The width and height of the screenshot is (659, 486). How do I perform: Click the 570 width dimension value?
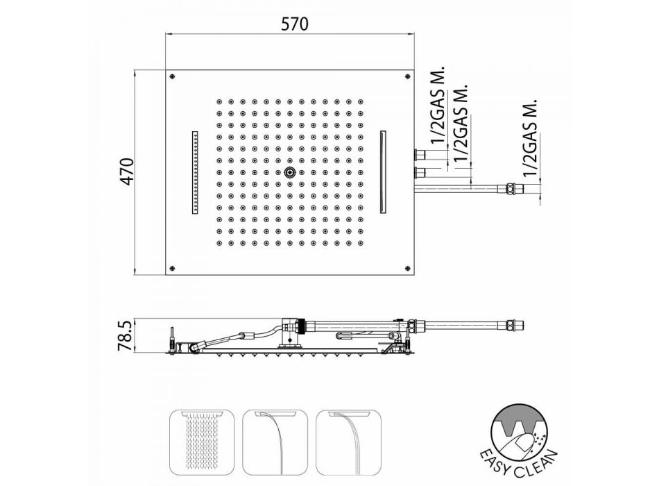(294, 24)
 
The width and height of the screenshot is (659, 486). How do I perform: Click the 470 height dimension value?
(126, 171)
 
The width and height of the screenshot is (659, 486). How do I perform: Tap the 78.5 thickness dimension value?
(126, 335)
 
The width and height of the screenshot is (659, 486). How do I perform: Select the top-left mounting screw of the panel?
(171, 76)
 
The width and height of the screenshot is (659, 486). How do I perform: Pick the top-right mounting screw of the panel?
(407, 76)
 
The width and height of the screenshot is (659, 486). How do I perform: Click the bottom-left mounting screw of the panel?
(171, 267)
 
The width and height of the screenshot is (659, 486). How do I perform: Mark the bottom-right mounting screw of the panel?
(407, 267)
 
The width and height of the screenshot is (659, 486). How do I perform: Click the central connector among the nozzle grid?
(289, 172)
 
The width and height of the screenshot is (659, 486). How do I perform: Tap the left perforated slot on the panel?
(196, 172)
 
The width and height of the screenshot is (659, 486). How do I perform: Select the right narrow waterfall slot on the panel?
(384, 171)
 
